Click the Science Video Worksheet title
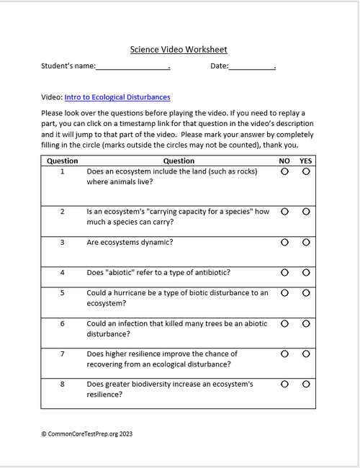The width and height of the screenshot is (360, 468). [x=179, y=50]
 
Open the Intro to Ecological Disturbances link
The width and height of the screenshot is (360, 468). [x=127, y=97]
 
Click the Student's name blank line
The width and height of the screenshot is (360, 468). [x=132, y=67]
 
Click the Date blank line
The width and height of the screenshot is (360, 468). [x=252, y=67]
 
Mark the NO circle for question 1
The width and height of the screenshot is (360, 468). [x=284, y=173]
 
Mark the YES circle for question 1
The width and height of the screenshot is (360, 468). [x=306, y=173]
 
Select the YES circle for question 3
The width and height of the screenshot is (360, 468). [x=306, y=242]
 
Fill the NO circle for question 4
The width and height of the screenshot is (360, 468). [x=284, y=272]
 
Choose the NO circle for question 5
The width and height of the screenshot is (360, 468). [x=284, y=293]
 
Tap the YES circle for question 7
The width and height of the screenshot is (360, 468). [x=306, y=354]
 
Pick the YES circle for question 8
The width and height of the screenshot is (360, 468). [x=306, y=384]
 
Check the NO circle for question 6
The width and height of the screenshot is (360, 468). [x=284, y=324]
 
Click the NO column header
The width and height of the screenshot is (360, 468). [x=284, y=161]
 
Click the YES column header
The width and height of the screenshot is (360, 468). [x=306, y=161]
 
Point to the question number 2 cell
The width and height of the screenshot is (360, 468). [x=63, y=212]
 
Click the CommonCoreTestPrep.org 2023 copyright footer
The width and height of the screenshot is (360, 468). [x=87, y=434]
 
